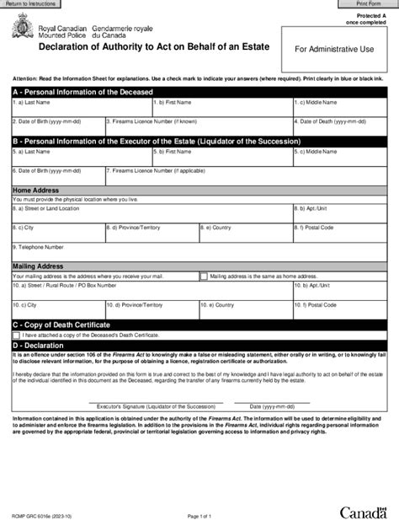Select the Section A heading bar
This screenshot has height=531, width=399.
(199, 90)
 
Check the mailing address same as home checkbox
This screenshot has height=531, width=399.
(205, 276)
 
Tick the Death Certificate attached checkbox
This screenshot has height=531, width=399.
(16, 334)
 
